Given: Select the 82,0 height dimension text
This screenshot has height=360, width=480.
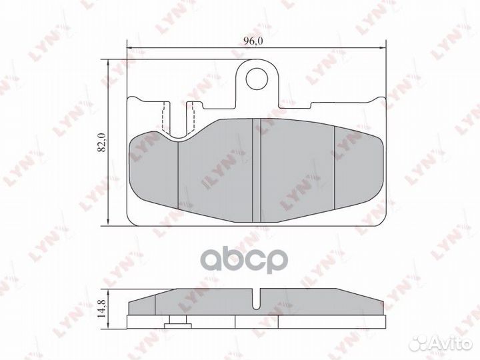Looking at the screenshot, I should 102,143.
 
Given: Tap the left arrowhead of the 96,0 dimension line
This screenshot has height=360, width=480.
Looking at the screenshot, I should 131,48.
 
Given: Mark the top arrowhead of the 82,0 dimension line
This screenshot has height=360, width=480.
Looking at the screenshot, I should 109,62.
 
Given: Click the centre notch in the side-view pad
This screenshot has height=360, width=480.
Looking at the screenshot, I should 257,297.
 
